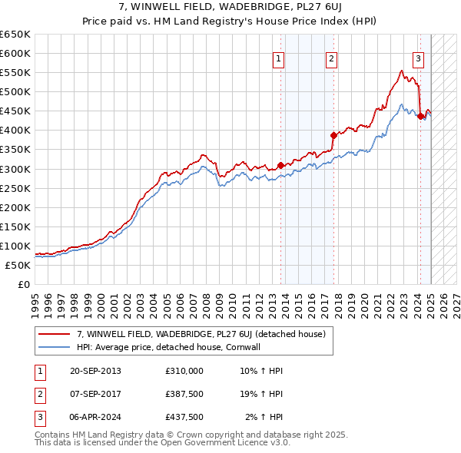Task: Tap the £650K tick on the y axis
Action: (15, 35)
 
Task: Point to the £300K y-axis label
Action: (15, 169)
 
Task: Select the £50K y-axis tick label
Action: (18, 265)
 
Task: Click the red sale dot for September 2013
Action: (281, 165)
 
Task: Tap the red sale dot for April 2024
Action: (421, 116)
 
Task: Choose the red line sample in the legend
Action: (54, 334)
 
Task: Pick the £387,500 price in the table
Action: (184, 393)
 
